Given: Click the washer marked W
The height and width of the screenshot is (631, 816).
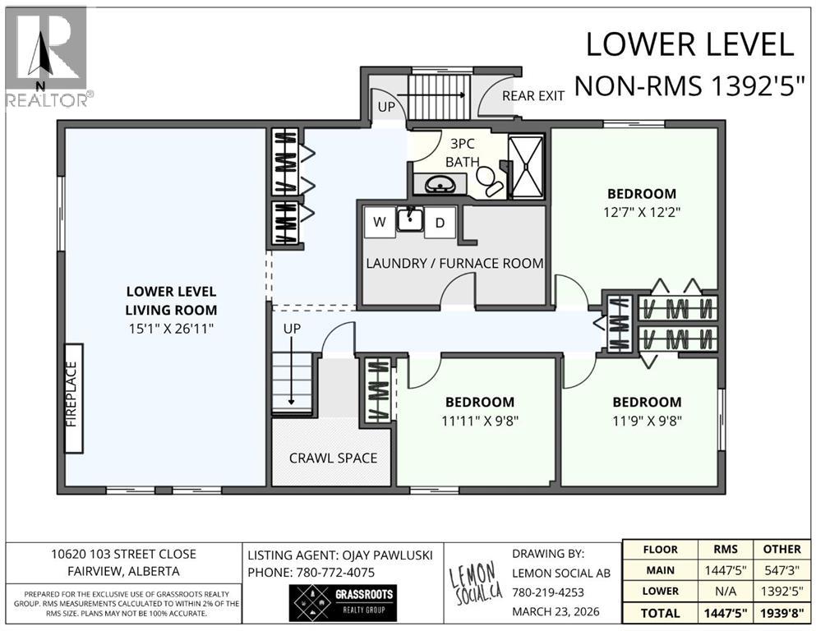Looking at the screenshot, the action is click(380, 222).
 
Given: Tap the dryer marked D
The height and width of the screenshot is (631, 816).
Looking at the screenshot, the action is click(440, 223).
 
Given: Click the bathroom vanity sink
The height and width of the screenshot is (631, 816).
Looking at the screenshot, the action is click(440, 184).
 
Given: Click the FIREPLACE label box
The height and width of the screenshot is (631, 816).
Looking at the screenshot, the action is click(73, 398).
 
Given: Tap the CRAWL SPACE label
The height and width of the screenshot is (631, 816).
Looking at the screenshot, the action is click(333, 458).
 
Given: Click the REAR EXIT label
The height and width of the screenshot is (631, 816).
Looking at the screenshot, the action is click(532, 95).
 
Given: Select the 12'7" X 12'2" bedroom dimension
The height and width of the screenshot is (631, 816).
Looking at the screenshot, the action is click(642, 212).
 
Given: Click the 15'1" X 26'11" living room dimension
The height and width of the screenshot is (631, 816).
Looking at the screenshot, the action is click(171, 329).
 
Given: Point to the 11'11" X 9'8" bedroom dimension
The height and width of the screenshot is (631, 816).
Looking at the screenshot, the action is click(480, 421).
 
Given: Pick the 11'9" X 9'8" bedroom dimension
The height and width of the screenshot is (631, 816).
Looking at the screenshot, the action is click(647, 421).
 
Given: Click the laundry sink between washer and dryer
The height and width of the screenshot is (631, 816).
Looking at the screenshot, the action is click(409, 219).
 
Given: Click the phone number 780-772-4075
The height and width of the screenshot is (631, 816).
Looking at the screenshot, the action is click(335, 573).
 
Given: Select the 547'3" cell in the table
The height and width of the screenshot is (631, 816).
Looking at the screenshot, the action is click(781, 570).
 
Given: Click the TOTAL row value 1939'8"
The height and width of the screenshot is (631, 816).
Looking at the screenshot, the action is click(781, 613).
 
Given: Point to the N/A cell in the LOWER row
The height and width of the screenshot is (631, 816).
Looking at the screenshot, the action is click(726, 592).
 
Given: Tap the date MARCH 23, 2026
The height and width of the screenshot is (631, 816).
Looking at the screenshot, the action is click(556, 612).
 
